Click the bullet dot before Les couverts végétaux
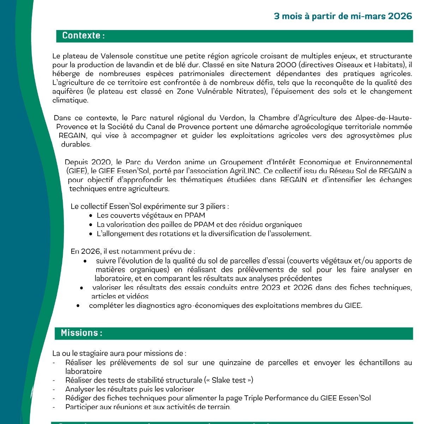coord(91,216)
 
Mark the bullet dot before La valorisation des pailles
coord(91,225)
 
